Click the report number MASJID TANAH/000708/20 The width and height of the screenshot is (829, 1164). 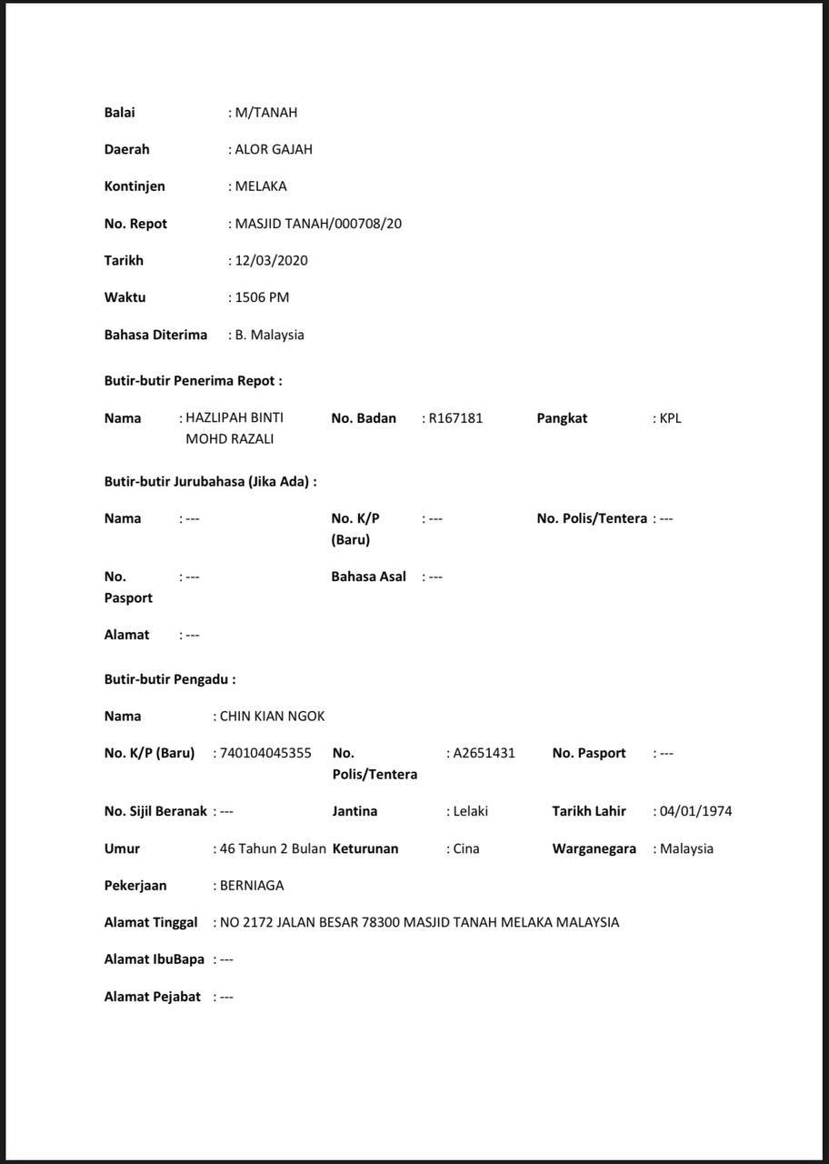[x=318, y=224]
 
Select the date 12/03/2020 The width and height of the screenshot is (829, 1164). [x=271, y=261]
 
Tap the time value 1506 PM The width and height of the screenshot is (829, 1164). [x=262, y=297]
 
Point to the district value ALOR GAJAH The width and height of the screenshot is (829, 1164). [x=273, y=149]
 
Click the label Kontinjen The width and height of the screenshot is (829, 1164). [x=135, y=186]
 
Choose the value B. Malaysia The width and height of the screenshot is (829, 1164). [x=269, y=335]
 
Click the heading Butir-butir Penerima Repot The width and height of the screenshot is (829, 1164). [x=193, y=381]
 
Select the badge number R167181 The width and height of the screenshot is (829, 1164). [x=455, y=418]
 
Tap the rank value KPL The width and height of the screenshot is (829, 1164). [x=670, y=418]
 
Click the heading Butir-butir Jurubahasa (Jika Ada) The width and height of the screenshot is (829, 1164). [x=210, y=482]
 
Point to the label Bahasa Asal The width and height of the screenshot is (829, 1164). [x=368, y=577]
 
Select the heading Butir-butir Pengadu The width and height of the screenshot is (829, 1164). [x=170, y=679]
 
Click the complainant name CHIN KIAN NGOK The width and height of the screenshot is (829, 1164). [x=272, y=717]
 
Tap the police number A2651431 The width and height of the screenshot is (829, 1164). [x=484, y=753]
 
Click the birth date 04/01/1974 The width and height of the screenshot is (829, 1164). [x=695, y=811]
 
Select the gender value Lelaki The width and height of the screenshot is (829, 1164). [x=470, y=811]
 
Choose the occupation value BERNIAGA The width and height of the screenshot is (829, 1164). [x=251, y=886]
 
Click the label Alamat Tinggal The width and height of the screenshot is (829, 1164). [x=151, y=922]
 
